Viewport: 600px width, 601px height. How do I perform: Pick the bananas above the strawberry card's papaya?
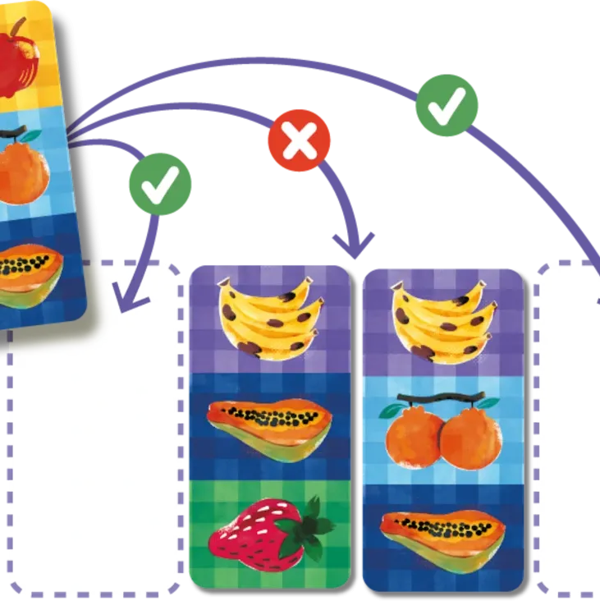click(x=266, y=317)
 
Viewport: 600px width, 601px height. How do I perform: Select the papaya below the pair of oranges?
click(x=443, y=534)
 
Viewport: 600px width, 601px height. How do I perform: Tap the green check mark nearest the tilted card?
click(x=159, y=185)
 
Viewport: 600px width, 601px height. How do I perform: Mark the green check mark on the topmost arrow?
click(x=446, y=103)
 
